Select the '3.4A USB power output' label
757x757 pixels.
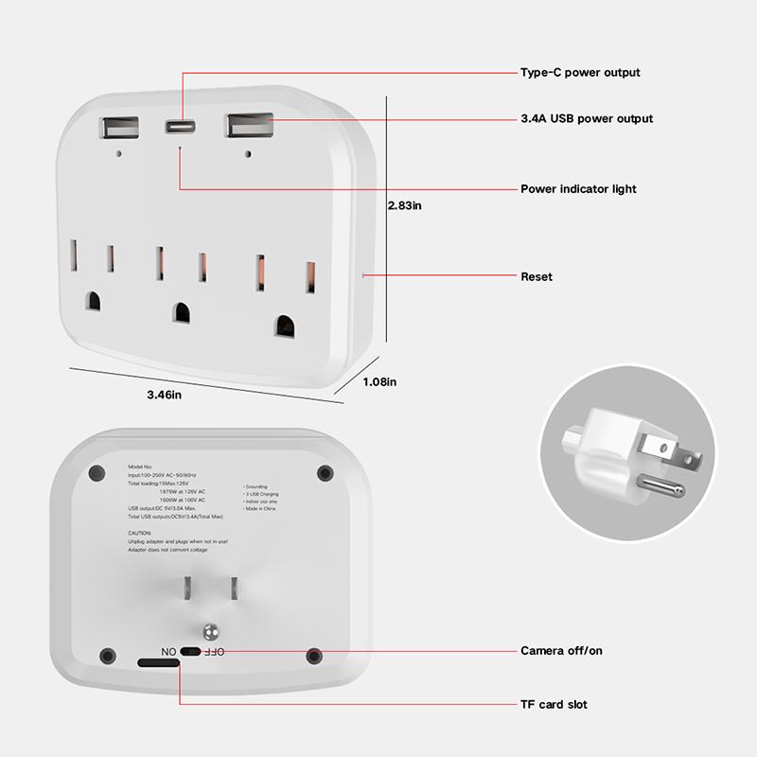(x=587, y=119)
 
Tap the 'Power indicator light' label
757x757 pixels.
(x=578, y=189)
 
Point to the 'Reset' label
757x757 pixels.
(x=537, y=277)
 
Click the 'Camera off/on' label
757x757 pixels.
(x=561, y=651)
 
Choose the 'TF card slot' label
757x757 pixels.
(x=554, y=704)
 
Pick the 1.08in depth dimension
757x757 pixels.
(x=379, y=381)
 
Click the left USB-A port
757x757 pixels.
(x=117, y=128)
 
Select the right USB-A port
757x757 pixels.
(x=248, y=126)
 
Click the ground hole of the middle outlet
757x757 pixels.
(x=179, y=310)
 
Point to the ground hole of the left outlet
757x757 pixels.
(x=93, y=300)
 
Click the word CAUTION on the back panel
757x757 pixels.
(x=140, y=534)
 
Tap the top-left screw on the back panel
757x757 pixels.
(x=94, y=472)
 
